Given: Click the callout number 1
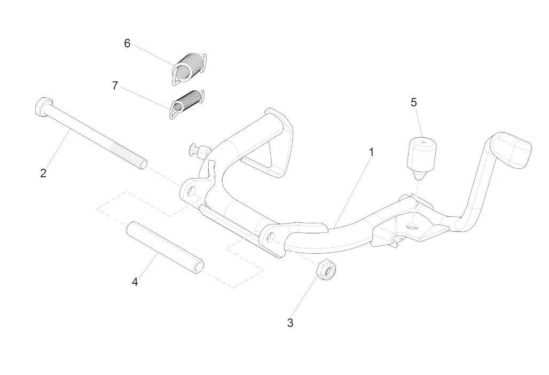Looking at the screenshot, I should point(371,152).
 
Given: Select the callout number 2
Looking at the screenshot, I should point(43,173).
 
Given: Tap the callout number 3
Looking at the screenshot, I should point(290,323).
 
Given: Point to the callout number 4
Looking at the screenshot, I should point(135,282).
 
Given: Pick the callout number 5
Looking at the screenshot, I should point(414,102).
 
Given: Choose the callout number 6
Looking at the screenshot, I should point(127,43).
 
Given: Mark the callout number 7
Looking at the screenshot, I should point(115,85).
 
